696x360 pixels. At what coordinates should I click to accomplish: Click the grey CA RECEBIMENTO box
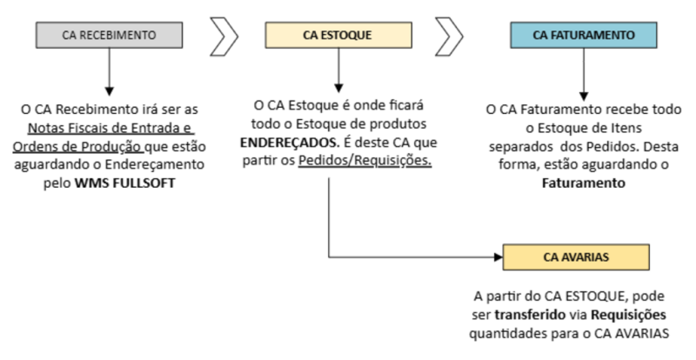pyautogui.click(x=110, y=36)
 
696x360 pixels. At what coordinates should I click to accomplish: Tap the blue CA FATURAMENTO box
pyautogui.click(x=582, y=36)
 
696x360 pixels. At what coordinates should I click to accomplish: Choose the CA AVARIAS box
pyautogui.click(x=576, y=257)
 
